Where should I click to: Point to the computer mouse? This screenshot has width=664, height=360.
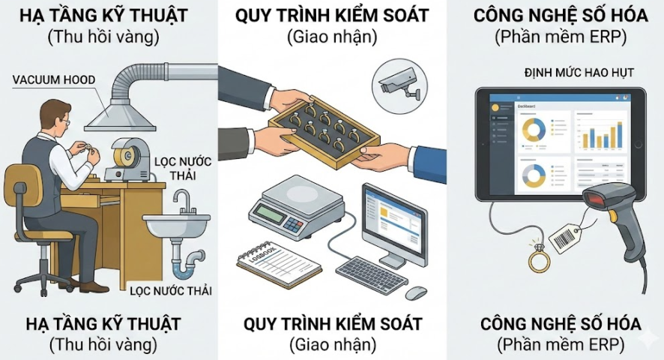(416, 292)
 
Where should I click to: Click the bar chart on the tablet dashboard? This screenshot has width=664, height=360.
(605, 135)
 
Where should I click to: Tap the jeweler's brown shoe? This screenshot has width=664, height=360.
(93, 286)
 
